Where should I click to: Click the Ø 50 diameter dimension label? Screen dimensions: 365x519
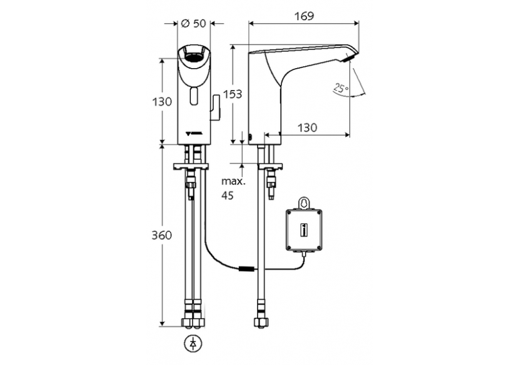[193, 24]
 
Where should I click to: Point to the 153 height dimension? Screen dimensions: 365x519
[232, 94]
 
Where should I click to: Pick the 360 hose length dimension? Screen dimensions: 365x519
[162, 236]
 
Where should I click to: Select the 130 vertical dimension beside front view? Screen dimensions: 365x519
[162, 101]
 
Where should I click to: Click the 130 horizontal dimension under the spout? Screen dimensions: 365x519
[306, 127]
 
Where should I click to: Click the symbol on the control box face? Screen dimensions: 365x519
[304, 230]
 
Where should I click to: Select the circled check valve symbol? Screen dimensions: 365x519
[191, 343]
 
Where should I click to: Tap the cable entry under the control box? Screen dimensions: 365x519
[305, 254]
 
